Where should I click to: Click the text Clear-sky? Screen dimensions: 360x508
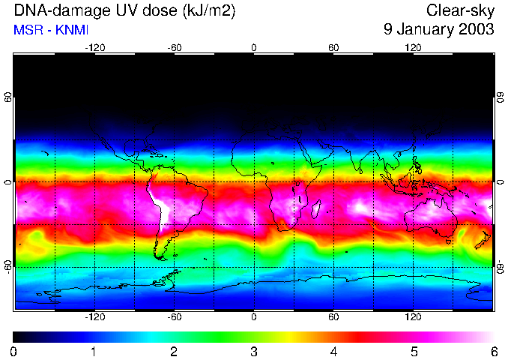pos(460,10)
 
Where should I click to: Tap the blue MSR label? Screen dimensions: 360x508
pos(27,29)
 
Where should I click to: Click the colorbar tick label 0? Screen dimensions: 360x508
pos(14,351)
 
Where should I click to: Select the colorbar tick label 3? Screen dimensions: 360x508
pos(253,351)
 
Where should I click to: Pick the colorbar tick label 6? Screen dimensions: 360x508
pos(493,351)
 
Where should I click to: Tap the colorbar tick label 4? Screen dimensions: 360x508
pos(333,351)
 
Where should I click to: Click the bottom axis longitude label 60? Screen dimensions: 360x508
pos(333,317)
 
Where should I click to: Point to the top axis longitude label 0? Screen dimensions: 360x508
pos(253,48)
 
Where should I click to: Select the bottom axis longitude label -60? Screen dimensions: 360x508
pos(174,317)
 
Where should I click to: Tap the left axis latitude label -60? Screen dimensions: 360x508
pos(7,265)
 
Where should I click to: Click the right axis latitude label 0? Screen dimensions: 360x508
pos(500,182)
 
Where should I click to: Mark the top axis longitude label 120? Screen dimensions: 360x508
pos(413,48)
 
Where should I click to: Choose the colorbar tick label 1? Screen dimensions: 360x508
pos(94,351)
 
